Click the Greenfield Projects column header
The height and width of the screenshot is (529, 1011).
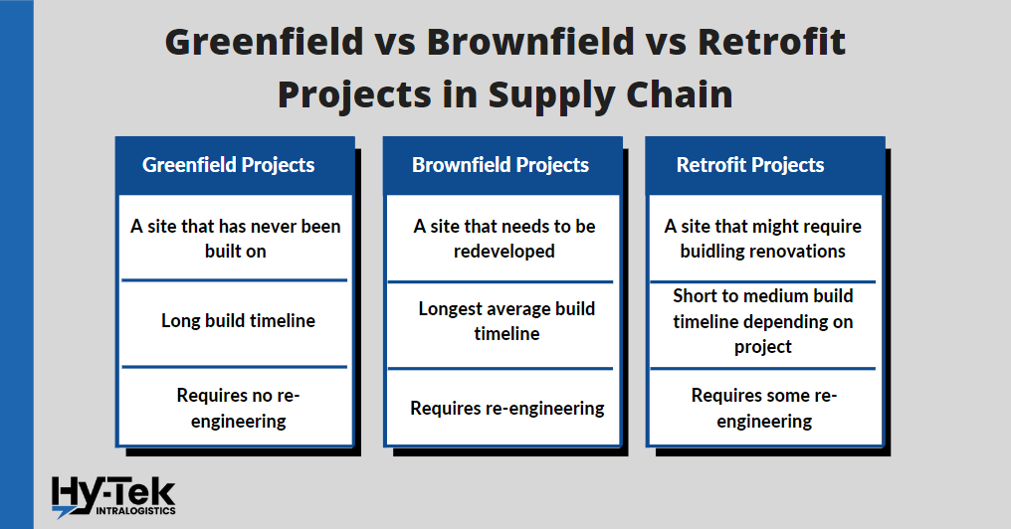pyautogui.click(x=229, y=165)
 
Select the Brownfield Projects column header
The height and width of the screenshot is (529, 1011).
pyautogui.click(x=501, y=165)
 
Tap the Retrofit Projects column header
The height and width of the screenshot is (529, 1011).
pyautogui.click(x=750, y=165)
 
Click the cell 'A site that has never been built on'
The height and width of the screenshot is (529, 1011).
pyautogui.click(x=236, y=239)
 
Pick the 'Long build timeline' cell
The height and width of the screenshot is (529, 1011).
pyautogui.click(x=238, y=321)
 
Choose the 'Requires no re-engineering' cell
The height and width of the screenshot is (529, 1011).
pyautogui.click(x=238, y=408)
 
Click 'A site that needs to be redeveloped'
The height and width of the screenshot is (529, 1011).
pyautogui.click(x=504, y=239)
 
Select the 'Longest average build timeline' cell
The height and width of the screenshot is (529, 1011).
pyautogui.click(x=505, y=321)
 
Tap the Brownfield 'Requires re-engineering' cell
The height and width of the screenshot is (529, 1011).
pyautogui.click(x=506, y=408)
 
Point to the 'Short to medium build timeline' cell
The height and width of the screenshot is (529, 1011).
pyautogui.click(x=763, y=321)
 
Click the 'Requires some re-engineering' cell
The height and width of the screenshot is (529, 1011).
pyautogui.click(x=763, y=408)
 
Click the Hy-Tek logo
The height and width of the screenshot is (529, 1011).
pyautogui.click(x=112, y=495)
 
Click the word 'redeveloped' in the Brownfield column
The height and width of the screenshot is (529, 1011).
pyautogui.click(x=504, y=252)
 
